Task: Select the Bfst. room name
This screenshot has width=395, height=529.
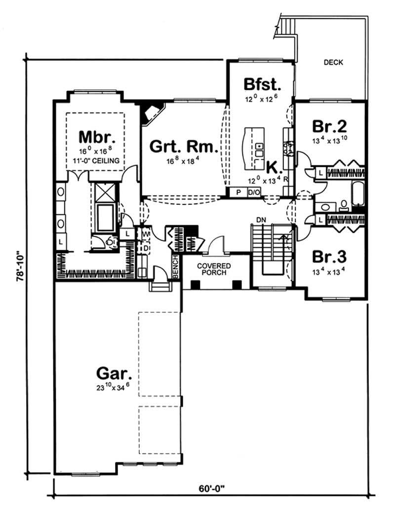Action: [263, 83]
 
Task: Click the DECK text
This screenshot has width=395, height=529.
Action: [333, 63]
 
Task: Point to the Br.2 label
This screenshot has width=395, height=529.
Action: [328, 126]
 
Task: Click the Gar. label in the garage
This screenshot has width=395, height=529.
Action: [113, 372]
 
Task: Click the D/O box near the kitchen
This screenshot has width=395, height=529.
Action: [254, 192]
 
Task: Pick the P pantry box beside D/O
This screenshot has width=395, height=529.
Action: [238, 192]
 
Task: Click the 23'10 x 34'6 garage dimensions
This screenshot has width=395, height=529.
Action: [113, 386]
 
